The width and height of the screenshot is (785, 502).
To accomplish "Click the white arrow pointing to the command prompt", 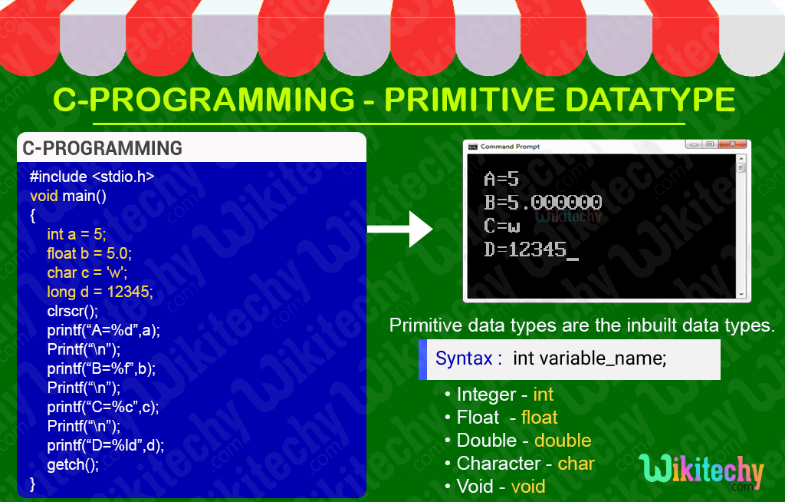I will pos(400,229).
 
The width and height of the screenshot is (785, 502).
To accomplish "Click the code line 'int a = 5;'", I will pos(77,234).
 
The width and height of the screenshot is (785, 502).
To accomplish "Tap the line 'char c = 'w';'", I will pos(87,272).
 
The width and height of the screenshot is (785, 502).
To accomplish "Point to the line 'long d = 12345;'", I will pos(100,292).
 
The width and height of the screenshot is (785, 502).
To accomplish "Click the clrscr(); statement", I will pos(73,311).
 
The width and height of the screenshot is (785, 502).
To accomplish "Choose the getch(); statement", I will pos(73,464).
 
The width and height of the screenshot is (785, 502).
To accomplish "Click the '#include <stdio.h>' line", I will pos(92,177).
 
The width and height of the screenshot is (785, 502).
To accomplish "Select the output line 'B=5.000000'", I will pos(543,203).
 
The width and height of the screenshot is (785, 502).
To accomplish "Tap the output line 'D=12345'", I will pos(526,249).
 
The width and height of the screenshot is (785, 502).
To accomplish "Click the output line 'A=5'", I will pos(501,180).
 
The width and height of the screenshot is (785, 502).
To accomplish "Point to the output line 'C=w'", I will pos(502,226).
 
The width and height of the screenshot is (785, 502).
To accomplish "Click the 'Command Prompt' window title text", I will pos(510,147).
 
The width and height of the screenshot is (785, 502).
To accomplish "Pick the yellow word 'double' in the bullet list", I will pos(563,441).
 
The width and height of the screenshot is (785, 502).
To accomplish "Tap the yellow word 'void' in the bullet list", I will pos(528,487).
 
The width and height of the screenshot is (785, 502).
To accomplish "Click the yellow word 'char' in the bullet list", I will pos(576,464).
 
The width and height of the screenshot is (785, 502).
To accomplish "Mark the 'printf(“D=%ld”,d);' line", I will pos(106,445).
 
